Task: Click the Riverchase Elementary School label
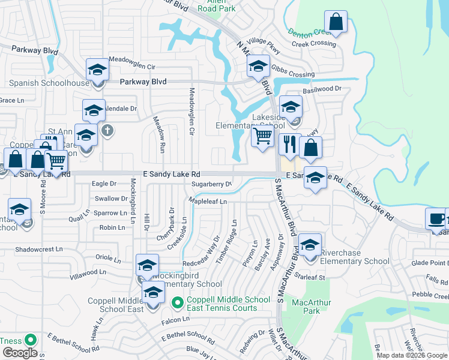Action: [354, 257]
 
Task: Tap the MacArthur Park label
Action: [306, 307]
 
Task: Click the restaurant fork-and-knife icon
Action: [288, 144]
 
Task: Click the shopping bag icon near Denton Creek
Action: [337, 22]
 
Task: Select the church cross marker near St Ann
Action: [107, 130]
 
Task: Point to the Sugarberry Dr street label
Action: [211, 184]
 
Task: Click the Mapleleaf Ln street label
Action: [207, 202]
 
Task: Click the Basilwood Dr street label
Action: [322, 89]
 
